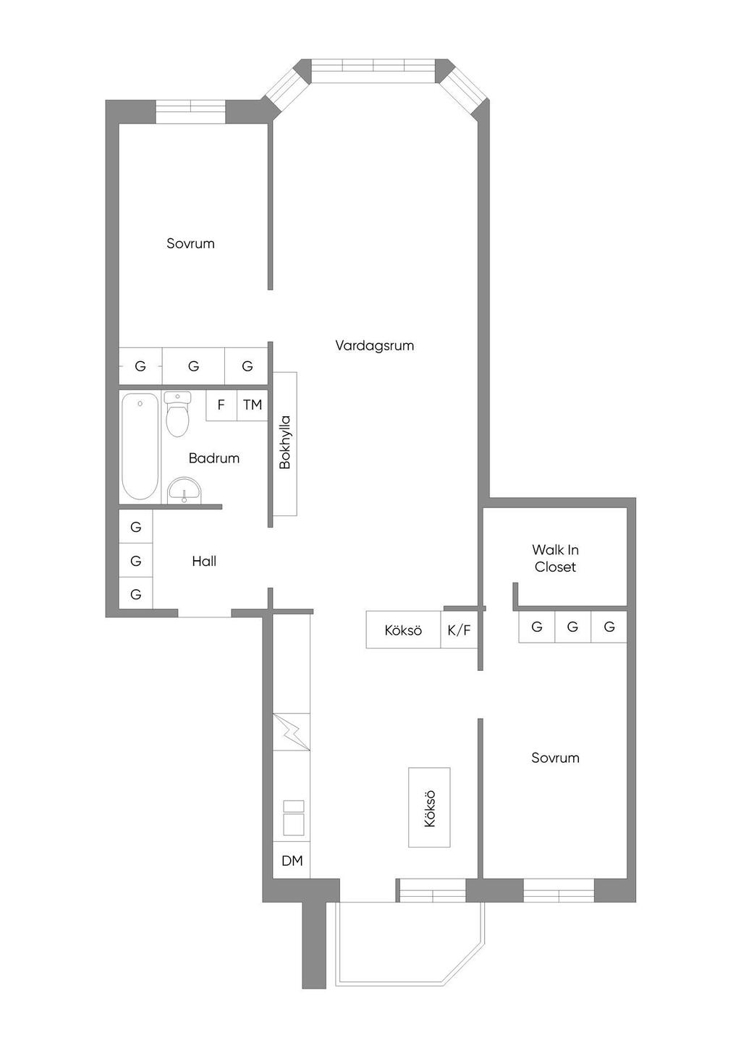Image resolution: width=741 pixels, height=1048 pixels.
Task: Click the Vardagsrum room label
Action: click(x=374, y=346)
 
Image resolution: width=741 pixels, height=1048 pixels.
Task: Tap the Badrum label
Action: click(x=213, y=458)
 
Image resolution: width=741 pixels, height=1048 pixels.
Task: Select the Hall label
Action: click(x=204, y=561)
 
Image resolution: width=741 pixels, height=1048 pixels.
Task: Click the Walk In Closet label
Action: click(x=555, y=558)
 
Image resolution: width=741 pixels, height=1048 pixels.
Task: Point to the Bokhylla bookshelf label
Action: click(x=285, y=442)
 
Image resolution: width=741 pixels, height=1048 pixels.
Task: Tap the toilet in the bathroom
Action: click(x=178, y=414)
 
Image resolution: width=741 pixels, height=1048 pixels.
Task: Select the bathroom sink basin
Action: click(x=185, y=490)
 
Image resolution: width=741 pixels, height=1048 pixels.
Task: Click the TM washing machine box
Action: click(x=253, y=405)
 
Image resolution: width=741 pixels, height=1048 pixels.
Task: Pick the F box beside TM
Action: click(x=221, y=405)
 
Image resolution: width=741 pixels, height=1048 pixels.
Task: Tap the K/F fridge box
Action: click(x=459, y=630)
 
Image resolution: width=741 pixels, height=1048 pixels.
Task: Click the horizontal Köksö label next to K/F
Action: click(x=403, y=630)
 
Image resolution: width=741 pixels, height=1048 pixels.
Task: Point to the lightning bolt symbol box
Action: click(x=292, y=732)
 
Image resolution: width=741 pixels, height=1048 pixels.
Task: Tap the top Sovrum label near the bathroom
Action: click(x=190, y=243)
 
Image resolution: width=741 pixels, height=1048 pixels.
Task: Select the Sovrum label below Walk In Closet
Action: click(x=555, y=758)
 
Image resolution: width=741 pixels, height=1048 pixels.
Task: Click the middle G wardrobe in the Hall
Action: click(x=135, y=560)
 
